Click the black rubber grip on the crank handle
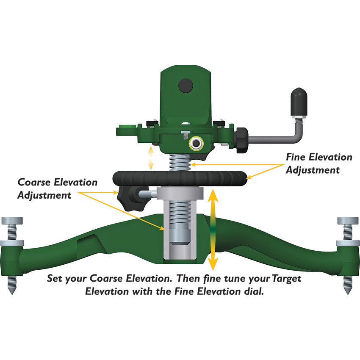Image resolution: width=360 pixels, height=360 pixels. point(297,101)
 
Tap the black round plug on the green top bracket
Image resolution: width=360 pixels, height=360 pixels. point(186,86)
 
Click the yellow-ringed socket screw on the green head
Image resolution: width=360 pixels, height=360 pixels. point(196,144)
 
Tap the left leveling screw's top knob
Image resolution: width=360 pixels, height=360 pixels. point(12,220)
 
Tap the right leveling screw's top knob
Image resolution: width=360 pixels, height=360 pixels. point(347,220)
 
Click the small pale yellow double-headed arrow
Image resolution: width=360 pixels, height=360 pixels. point(150,158)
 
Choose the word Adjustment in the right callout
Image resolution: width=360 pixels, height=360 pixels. point(313,170)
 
